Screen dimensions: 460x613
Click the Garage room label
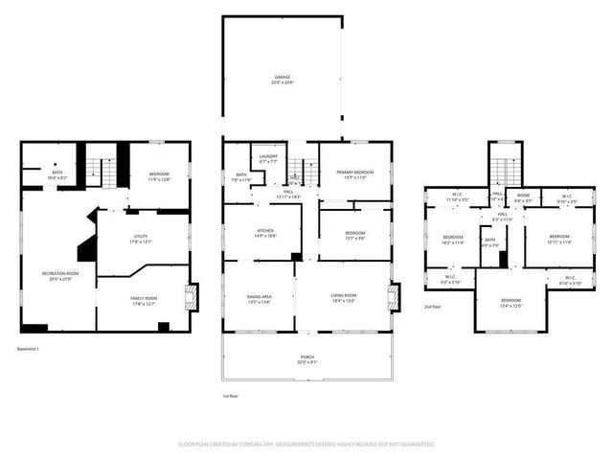click(282, 80)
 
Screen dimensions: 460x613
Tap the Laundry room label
click(269, 159)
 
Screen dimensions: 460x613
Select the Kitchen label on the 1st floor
click(265, 233)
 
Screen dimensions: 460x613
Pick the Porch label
click(306, 359)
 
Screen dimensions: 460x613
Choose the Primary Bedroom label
click(354, 174)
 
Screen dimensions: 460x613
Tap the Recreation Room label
click(59, 276)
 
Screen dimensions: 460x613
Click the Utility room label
click(142, 241)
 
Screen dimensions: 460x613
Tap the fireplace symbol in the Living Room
click(393, 297)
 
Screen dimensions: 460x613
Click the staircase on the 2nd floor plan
click(505, 171)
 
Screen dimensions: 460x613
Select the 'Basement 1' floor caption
click(34, 349)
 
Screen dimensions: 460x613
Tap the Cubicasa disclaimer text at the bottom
click(306, 445)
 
